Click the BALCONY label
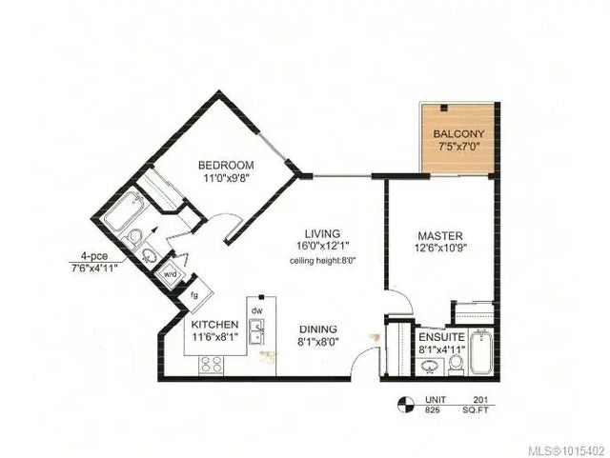[x=457, y=134]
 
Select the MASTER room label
[x=440, y=235]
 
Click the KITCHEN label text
[x=213, y=324]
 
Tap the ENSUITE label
[x=441, y=337]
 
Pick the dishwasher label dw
[x=255, y=310]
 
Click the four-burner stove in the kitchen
[x=210, y=363]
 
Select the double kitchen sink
[x=255, y=331]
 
